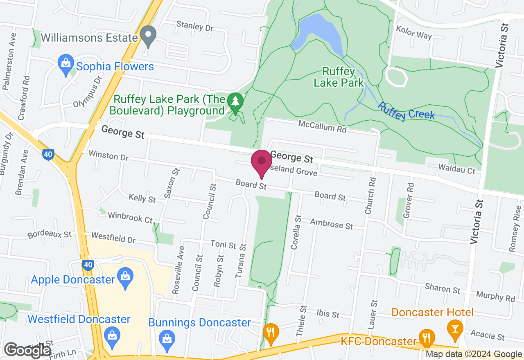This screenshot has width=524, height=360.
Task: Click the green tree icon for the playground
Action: coord(235,103)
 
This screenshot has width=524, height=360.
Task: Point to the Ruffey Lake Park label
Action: coord(338,77)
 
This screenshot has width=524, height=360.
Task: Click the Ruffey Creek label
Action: coord(406,111)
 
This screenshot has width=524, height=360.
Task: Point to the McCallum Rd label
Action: coord(322,126)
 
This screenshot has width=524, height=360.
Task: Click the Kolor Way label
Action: coord(413,33)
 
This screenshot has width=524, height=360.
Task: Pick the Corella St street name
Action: coord(296,232)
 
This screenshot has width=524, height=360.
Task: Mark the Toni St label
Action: coord(224,245)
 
